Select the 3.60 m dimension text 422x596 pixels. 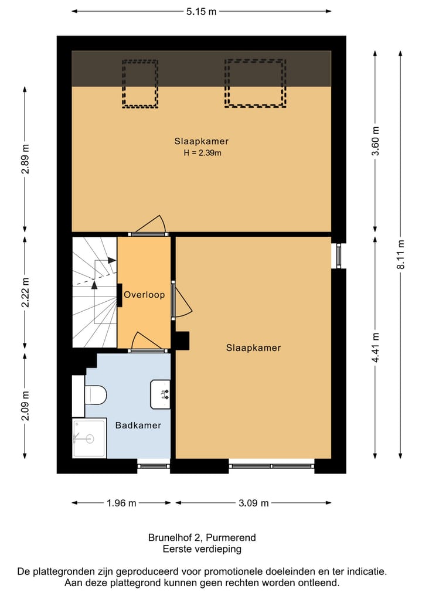(376, 141)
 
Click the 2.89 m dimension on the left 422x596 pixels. (25, 158)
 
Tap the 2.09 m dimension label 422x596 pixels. (25, 406)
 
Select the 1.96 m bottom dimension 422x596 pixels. (121, 503)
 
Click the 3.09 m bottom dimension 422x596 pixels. (253, 503)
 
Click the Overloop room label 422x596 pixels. (144, 295)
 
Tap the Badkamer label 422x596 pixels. (138, 425)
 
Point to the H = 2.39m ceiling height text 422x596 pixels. (201, 153)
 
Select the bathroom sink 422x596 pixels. (161, 394)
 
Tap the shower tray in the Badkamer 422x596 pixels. (89, 438)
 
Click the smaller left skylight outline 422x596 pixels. (139, 84)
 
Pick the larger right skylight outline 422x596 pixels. (255, 83)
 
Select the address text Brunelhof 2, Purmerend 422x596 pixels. (202, 537)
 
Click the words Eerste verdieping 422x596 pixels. (202, 549)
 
